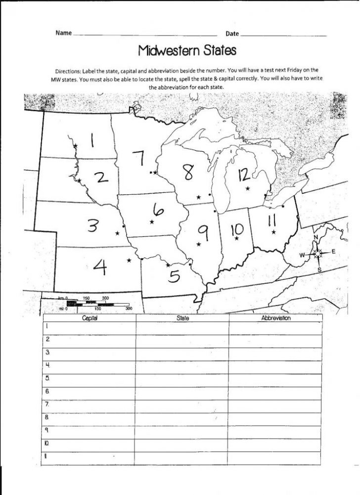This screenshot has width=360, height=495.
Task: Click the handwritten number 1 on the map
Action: point(92,139)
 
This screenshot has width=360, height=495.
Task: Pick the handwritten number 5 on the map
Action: point(174,274)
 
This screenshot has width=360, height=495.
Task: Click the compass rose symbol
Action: point(317,253)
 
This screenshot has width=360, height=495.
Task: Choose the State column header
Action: point(182,318)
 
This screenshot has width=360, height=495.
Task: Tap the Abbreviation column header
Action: point(275,318)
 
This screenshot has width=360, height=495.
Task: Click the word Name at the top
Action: point(63,34)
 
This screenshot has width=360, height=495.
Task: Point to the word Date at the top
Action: point(232,34)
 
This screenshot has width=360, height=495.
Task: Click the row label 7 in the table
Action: point(47,404)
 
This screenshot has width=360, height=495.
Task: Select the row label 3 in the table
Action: point(47,352)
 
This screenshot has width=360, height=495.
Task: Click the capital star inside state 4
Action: point(130,260)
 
